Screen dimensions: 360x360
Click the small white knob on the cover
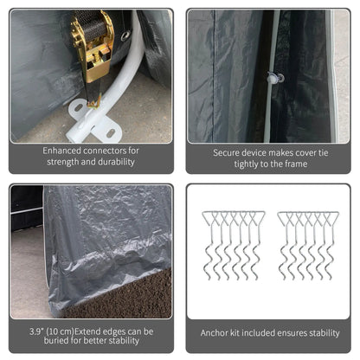point(273,78)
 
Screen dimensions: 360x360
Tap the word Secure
point(230,152)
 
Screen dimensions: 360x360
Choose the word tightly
point(233,164)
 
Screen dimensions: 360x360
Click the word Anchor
point(215,332)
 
